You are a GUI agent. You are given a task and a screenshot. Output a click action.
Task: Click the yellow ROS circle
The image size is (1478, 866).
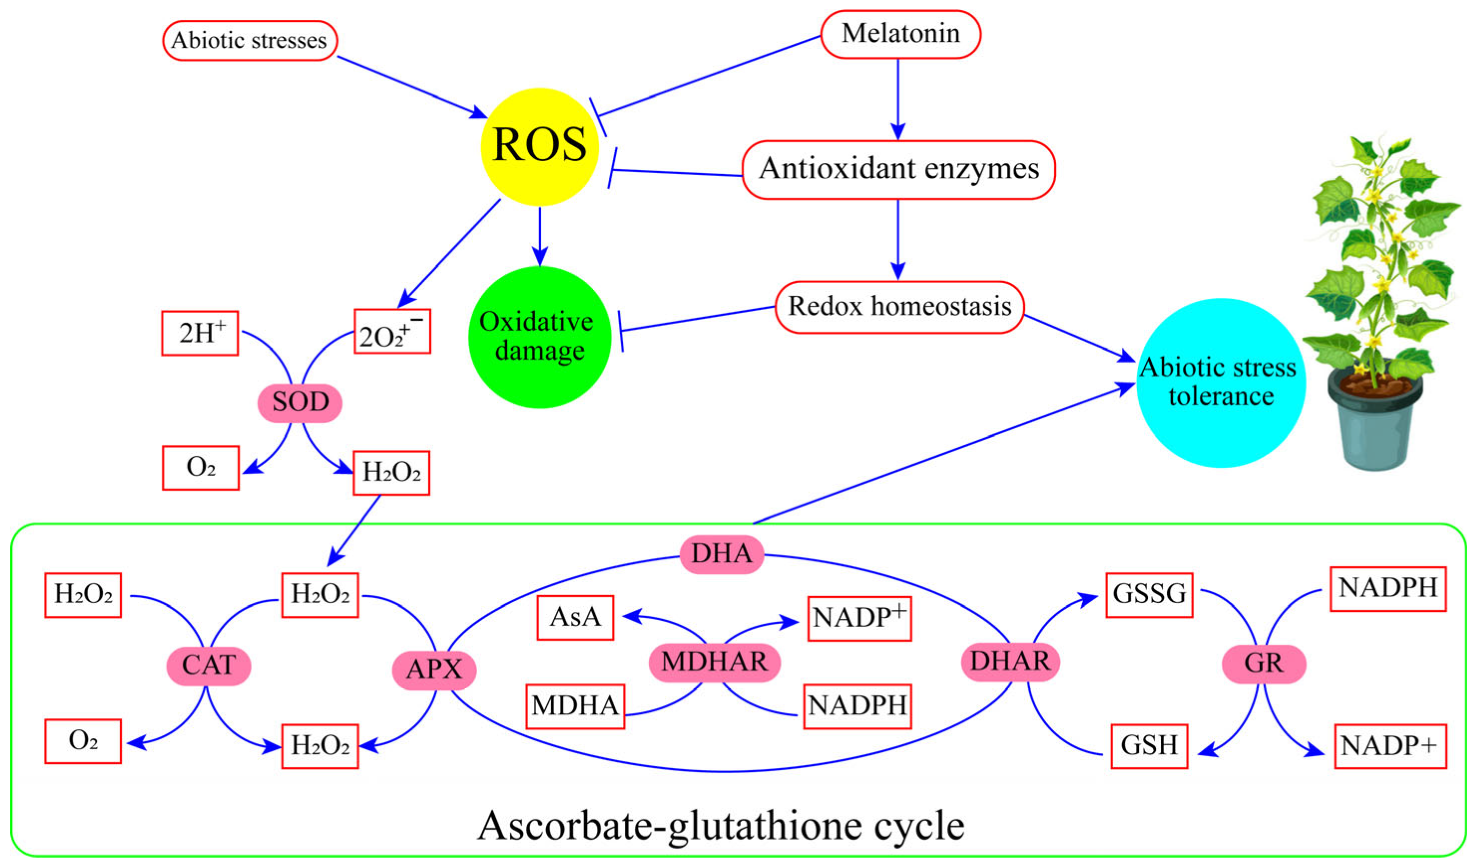(539, 146)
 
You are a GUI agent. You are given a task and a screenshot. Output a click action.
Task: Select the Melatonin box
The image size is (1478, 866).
(900, 34)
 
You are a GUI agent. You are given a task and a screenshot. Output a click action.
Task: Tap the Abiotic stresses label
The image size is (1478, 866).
(249, 40)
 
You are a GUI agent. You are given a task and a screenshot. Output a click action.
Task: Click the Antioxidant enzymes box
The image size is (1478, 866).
(898, 170)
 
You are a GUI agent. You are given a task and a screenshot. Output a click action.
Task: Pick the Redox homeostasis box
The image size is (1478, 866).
(899, 307)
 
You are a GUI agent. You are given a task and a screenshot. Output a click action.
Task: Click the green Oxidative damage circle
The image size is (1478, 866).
(539, 337)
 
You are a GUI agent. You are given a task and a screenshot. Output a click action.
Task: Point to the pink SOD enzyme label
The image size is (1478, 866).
(300, 403)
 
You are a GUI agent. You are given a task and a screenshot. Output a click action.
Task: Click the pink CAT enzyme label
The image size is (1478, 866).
(208, 665)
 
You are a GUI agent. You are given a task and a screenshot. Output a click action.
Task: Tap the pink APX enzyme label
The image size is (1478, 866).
(433, 669)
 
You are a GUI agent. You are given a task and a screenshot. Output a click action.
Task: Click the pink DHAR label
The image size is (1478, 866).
(1010, 662)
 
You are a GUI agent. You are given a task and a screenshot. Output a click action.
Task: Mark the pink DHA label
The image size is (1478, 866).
(721, 553)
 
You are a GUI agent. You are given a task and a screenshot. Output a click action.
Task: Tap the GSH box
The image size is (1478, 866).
(1148, 745)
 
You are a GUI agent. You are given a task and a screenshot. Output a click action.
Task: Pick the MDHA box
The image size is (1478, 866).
(575, 705)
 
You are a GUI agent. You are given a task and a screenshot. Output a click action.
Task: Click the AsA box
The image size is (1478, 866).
(575, 617)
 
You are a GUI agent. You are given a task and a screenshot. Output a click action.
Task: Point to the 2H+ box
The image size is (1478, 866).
(200, 333)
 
